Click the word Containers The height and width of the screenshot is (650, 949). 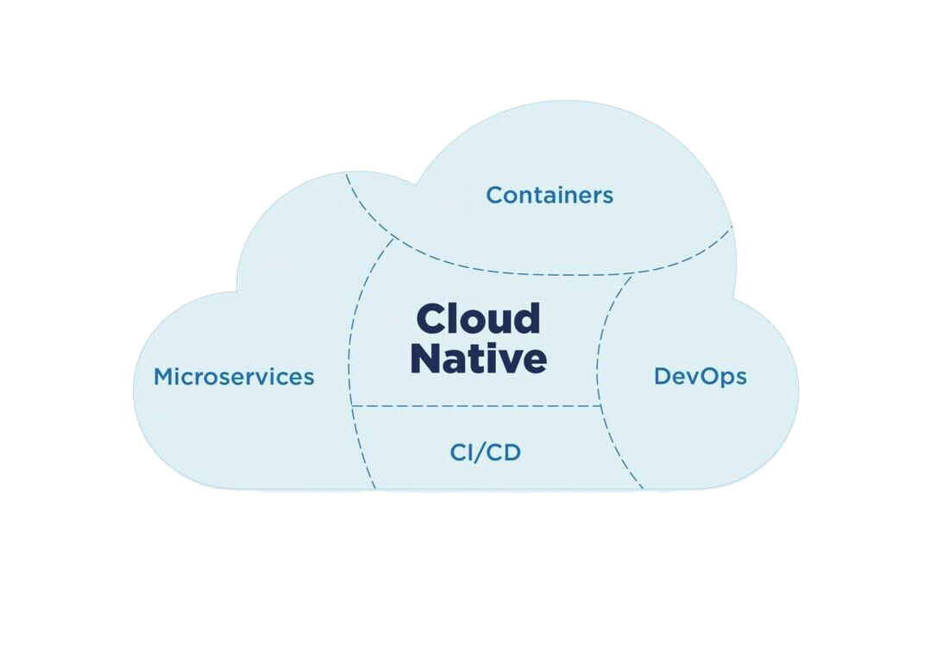(549, 195)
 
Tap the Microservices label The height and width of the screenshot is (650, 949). (234, 377)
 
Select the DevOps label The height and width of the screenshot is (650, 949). (700, 377)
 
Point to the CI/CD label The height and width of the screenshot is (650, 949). (486, 452)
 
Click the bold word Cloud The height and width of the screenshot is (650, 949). (478, 319)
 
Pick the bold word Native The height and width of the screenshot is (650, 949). (478, 358)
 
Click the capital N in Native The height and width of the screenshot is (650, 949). (426, 358)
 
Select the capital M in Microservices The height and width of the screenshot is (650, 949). (164, 377)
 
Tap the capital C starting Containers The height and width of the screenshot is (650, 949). (494, 195)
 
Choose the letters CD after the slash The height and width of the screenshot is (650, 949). (506, 452)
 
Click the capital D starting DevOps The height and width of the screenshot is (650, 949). (663, 377)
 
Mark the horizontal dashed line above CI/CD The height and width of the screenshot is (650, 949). (477, 405)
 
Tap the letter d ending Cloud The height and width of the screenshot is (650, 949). (528, 319)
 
